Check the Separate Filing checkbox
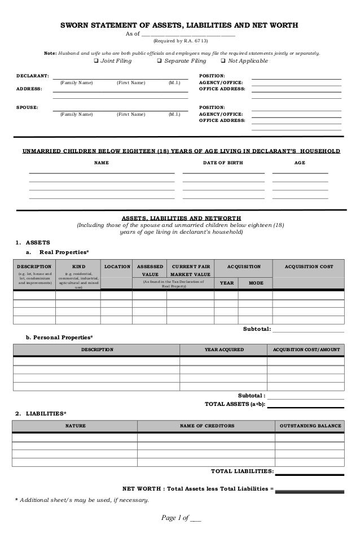pos(159,62)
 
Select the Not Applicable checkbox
pos(223,62)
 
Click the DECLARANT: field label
pos(32,75)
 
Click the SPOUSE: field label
pos(27,107)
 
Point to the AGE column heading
pos(300,163)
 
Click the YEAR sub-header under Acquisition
pos(226,283)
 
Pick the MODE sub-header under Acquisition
pos(255,283)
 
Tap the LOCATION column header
pos(116,266)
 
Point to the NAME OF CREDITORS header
pos(207,426)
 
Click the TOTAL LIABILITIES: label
pos(242,471)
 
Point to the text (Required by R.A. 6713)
pos(181,41)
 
